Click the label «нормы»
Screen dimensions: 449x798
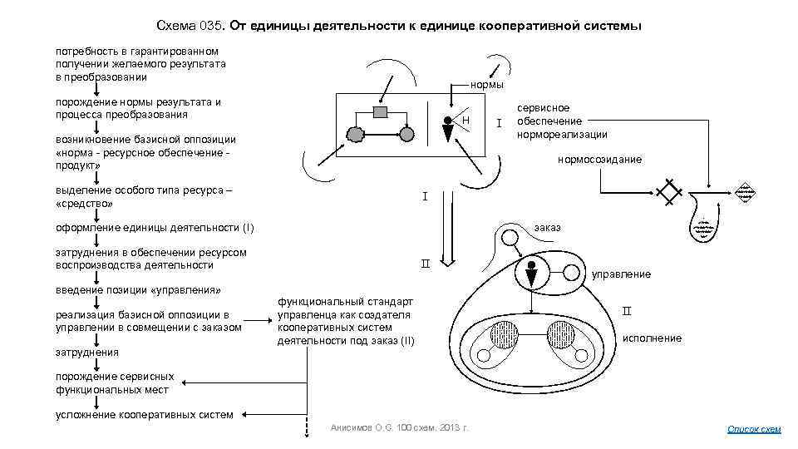(x=486, y=85)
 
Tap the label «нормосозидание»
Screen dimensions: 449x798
(x=599, y=159)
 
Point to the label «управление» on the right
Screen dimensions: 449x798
(x=620, y=274)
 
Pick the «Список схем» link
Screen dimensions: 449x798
(x=754, y=429)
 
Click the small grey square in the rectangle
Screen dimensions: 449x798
(x=380, y=111)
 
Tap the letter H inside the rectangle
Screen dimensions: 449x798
(x=466, y=121)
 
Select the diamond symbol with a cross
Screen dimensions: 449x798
(x=669, y=192)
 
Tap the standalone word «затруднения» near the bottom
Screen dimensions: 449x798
(x=86, y=352)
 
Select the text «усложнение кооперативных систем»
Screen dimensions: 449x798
(x=144, y=414)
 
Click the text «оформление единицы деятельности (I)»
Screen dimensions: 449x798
(x=155, y=227)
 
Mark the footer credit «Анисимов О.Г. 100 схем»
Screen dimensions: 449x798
(x=399, y=427)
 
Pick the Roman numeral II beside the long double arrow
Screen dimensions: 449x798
(x=425, y=264)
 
